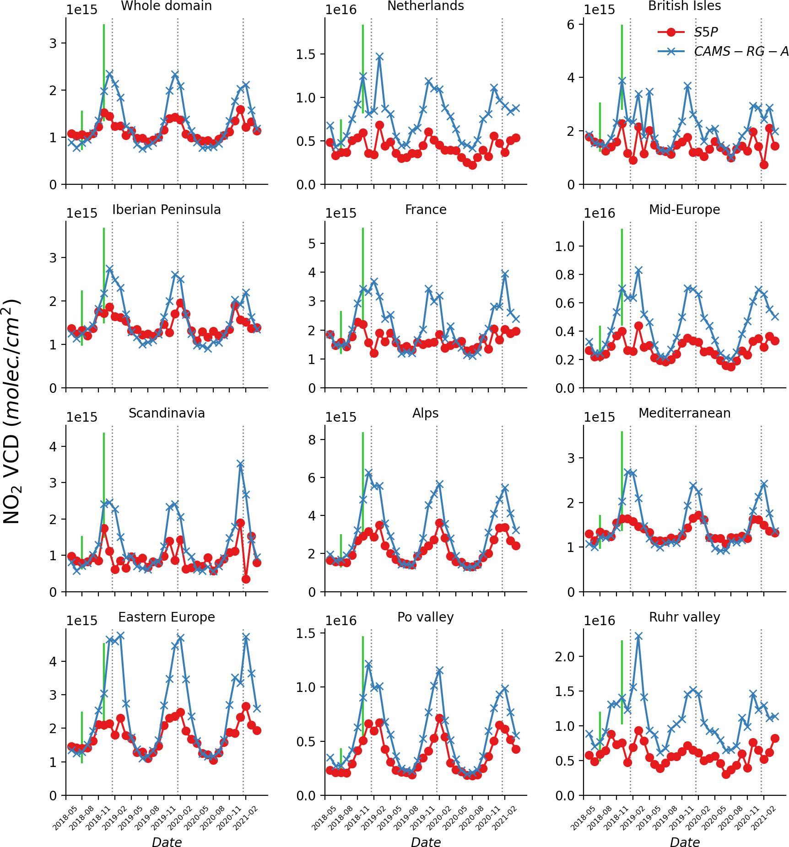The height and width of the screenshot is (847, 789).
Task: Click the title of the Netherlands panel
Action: click(425, 6)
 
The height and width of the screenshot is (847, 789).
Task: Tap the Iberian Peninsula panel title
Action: click(166, 209)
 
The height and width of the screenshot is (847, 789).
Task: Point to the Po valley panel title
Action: click(425, 617)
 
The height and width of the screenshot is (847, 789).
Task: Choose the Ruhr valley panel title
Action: click(684, 617)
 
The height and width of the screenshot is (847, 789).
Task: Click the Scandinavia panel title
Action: click(166, 413)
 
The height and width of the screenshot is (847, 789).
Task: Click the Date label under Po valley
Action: click(426, 842)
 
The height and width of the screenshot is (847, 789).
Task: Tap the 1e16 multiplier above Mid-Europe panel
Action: click(600, 213)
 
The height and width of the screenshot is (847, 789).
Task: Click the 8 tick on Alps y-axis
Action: click(312, 440)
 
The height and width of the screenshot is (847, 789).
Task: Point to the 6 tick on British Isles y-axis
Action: click(571, 24)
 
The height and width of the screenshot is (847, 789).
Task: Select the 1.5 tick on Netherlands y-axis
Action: click(306, 54)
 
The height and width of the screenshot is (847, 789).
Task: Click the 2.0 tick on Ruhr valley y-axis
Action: click(564, 657)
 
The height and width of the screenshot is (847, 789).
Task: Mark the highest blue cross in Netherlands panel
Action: click(379, 57)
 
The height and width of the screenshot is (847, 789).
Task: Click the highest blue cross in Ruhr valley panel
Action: click(638, 636)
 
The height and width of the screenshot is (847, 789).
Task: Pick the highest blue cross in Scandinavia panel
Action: click(240, 464)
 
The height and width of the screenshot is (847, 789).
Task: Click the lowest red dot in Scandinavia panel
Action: click(246, 579)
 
